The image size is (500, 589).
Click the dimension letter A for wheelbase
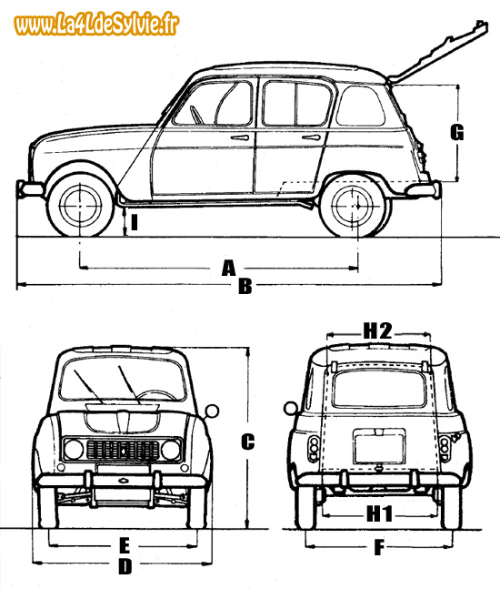click(228, 268)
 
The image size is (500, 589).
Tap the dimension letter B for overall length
click(245, 286)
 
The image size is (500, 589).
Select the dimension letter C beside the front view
click(247, 442)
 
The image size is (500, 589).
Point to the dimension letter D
click(125, 567)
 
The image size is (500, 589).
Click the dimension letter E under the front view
click(125, 546)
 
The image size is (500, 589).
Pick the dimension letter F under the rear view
click(379, 547)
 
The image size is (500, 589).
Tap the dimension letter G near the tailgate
click(457, 133)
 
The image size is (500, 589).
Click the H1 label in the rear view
click(379, 513)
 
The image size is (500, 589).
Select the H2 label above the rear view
click(377, 331)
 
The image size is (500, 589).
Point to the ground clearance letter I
click(135, 221)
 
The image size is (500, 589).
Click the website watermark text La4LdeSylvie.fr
click(96, 24)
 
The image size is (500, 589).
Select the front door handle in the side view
click(240, 137)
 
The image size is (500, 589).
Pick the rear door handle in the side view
click(311, 137)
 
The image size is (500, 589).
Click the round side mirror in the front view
click(212, 411)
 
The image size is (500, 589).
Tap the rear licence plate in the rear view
click(379, 447)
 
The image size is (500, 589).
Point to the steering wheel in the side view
click(195, 115)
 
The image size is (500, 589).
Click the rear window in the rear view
click(379, 389)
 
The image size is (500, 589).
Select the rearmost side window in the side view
click(361, 106)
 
